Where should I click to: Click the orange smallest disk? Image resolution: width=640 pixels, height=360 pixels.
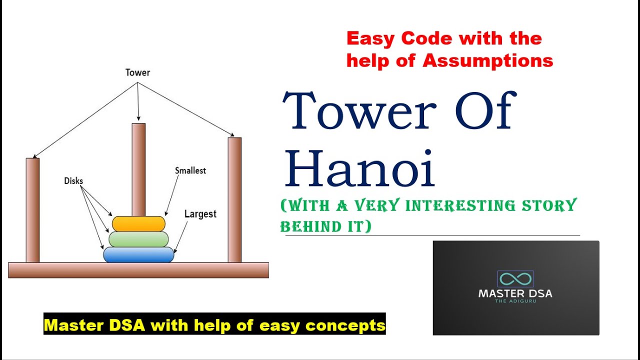pyautogui.click(x=138, y=223)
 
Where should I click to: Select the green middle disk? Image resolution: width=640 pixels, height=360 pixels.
pyautogui.click(x=138, y=239)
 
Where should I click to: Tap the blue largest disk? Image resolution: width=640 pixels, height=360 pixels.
pyautogui.click(x=138, y=254)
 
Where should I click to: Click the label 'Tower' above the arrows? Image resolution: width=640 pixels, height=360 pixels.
pyautogui.click(x=137, y=72)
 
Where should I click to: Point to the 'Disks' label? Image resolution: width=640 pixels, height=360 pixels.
pyautogui.click(x=73, y=180)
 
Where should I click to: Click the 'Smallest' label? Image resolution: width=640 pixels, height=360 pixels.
pyautogui.click(x=190, y=170)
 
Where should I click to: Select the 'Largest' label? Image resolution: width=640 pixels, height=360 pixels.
pyautogui.click(x=200, y=214)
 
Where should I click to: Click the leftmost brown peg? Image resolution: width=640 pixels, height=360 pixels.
pyautogui.click(x=32, y=210)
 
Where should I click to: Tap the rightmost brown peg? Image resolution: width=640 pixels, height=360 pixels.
pyautogui.click(x=234, y=200)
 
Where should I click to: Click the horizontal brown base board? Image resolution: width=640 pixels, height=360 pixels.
pyautogui.click(x=138, y=270)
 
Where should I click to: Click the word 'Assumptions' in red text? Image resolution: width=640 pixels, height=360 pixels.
pyautogui.click(x=487, y=60)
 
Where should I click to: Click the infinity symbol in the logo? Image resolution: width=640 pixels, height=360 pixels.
pyautogui.click(x=515, y=278)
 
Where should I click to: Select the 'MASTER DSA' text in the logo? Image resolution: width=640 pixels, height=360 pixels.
pyautogui.click(x=515, y=293)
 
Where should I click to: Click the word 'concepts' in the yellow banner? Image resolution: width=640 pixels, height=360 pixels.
pyautogui.click(x=345, y=325)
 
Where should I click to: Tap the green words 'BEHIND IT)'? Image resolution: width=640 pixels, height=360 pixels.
pyautogui.click(x=325, y=226)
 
